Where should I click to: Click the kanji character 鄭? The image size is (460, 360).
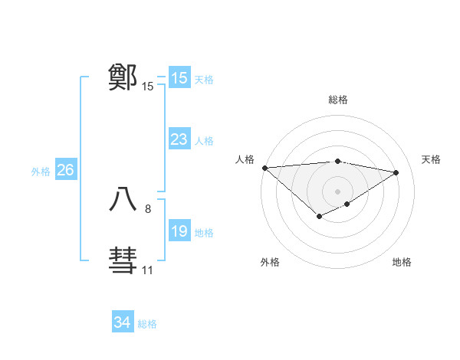click(x=123, y=77)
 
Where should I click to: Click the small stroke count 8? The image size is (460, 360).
click(x=148, y=208)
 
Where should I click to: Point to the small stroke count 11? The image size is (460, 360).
click(x=147, y=270)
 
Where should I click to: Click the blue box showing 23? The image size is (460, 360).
click(x=179, y=139)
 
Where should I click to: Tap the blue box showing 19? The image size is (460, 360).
click(x=179, y=231)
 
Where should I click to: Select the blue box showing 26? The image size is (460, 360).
click(x=65, y=170)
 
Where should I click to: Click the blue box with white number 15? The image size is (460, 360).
click(x=179, y=78)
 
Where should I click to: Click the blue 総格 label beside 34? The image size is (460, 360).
click(x=147, y=324)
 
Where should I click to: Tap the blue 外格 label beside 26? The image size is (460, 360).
click(x=41, y=172)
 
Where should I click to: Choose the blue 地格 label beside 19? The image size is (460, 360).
click(x=205, y=233)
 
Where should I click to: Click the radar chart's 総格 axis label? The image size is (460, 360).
click(x=338, y=100)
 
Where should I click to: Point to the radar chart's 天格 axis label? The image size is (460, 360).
click(x=431, y=159)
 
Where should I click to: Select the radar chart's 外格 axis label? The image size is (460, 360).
click(x=270, y=263)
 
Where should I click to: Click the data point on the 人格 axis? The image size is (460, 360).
click(x=264, y=168)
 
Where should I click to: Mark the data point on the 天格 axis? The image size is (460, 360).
click(x=396, y=172)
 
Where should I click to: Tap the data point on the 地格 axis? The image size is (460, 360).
click(x=347, y=204)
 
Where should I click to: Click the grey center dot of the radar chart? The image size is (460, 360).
click(x=337, y=191)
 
